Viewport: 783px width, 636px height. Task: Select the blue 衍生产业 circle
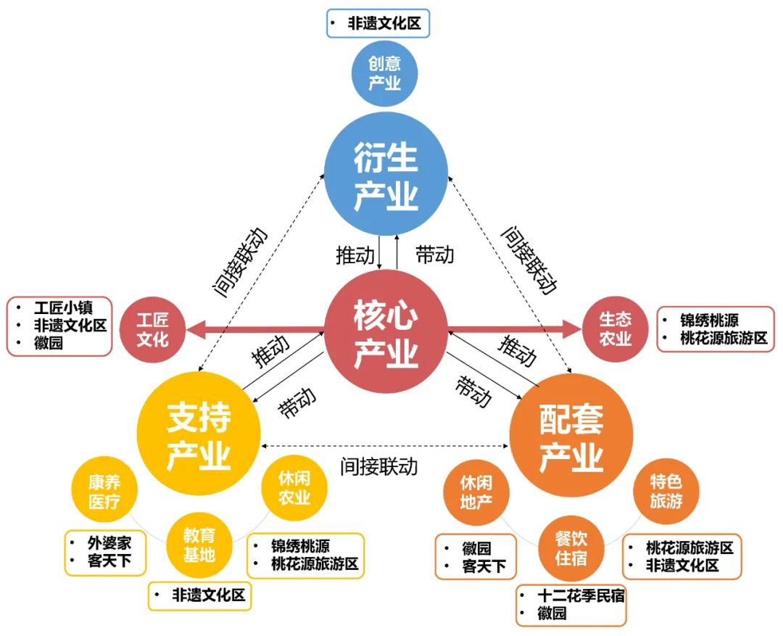coord(386,176)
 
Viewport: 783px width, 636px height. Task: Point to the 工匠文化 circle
coord(153,330)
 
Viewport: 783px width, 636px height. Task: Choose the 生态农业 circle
coord(615,329)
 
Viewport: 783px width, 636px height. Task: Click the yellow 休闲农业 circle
coord(294,487)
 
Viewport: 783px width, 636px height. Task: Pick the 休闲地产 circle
coord(476,492)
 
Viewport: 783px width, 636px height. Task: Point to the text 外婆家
coord(109,543)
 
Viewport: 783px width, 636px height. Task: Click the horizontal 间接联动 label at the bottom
coord(378,466)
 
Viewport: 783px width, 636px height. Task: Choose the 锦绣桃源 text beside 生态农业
coord(710,320)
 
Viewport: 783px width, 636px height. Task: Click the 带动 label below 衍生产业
coord(434,255)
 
